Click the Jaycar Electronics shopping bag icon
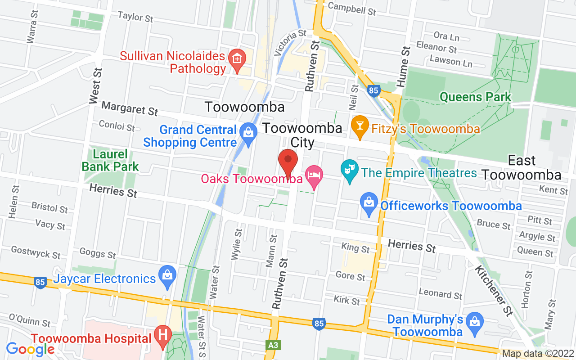(167, 276)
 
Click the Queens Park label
(475, 97)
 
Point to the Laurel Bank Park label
(110, 161)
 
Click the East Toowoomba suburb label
(522, 167)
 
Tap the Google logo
(31, 349)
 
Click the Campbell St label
(351, 8)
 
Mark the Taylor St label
(135, 17)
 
